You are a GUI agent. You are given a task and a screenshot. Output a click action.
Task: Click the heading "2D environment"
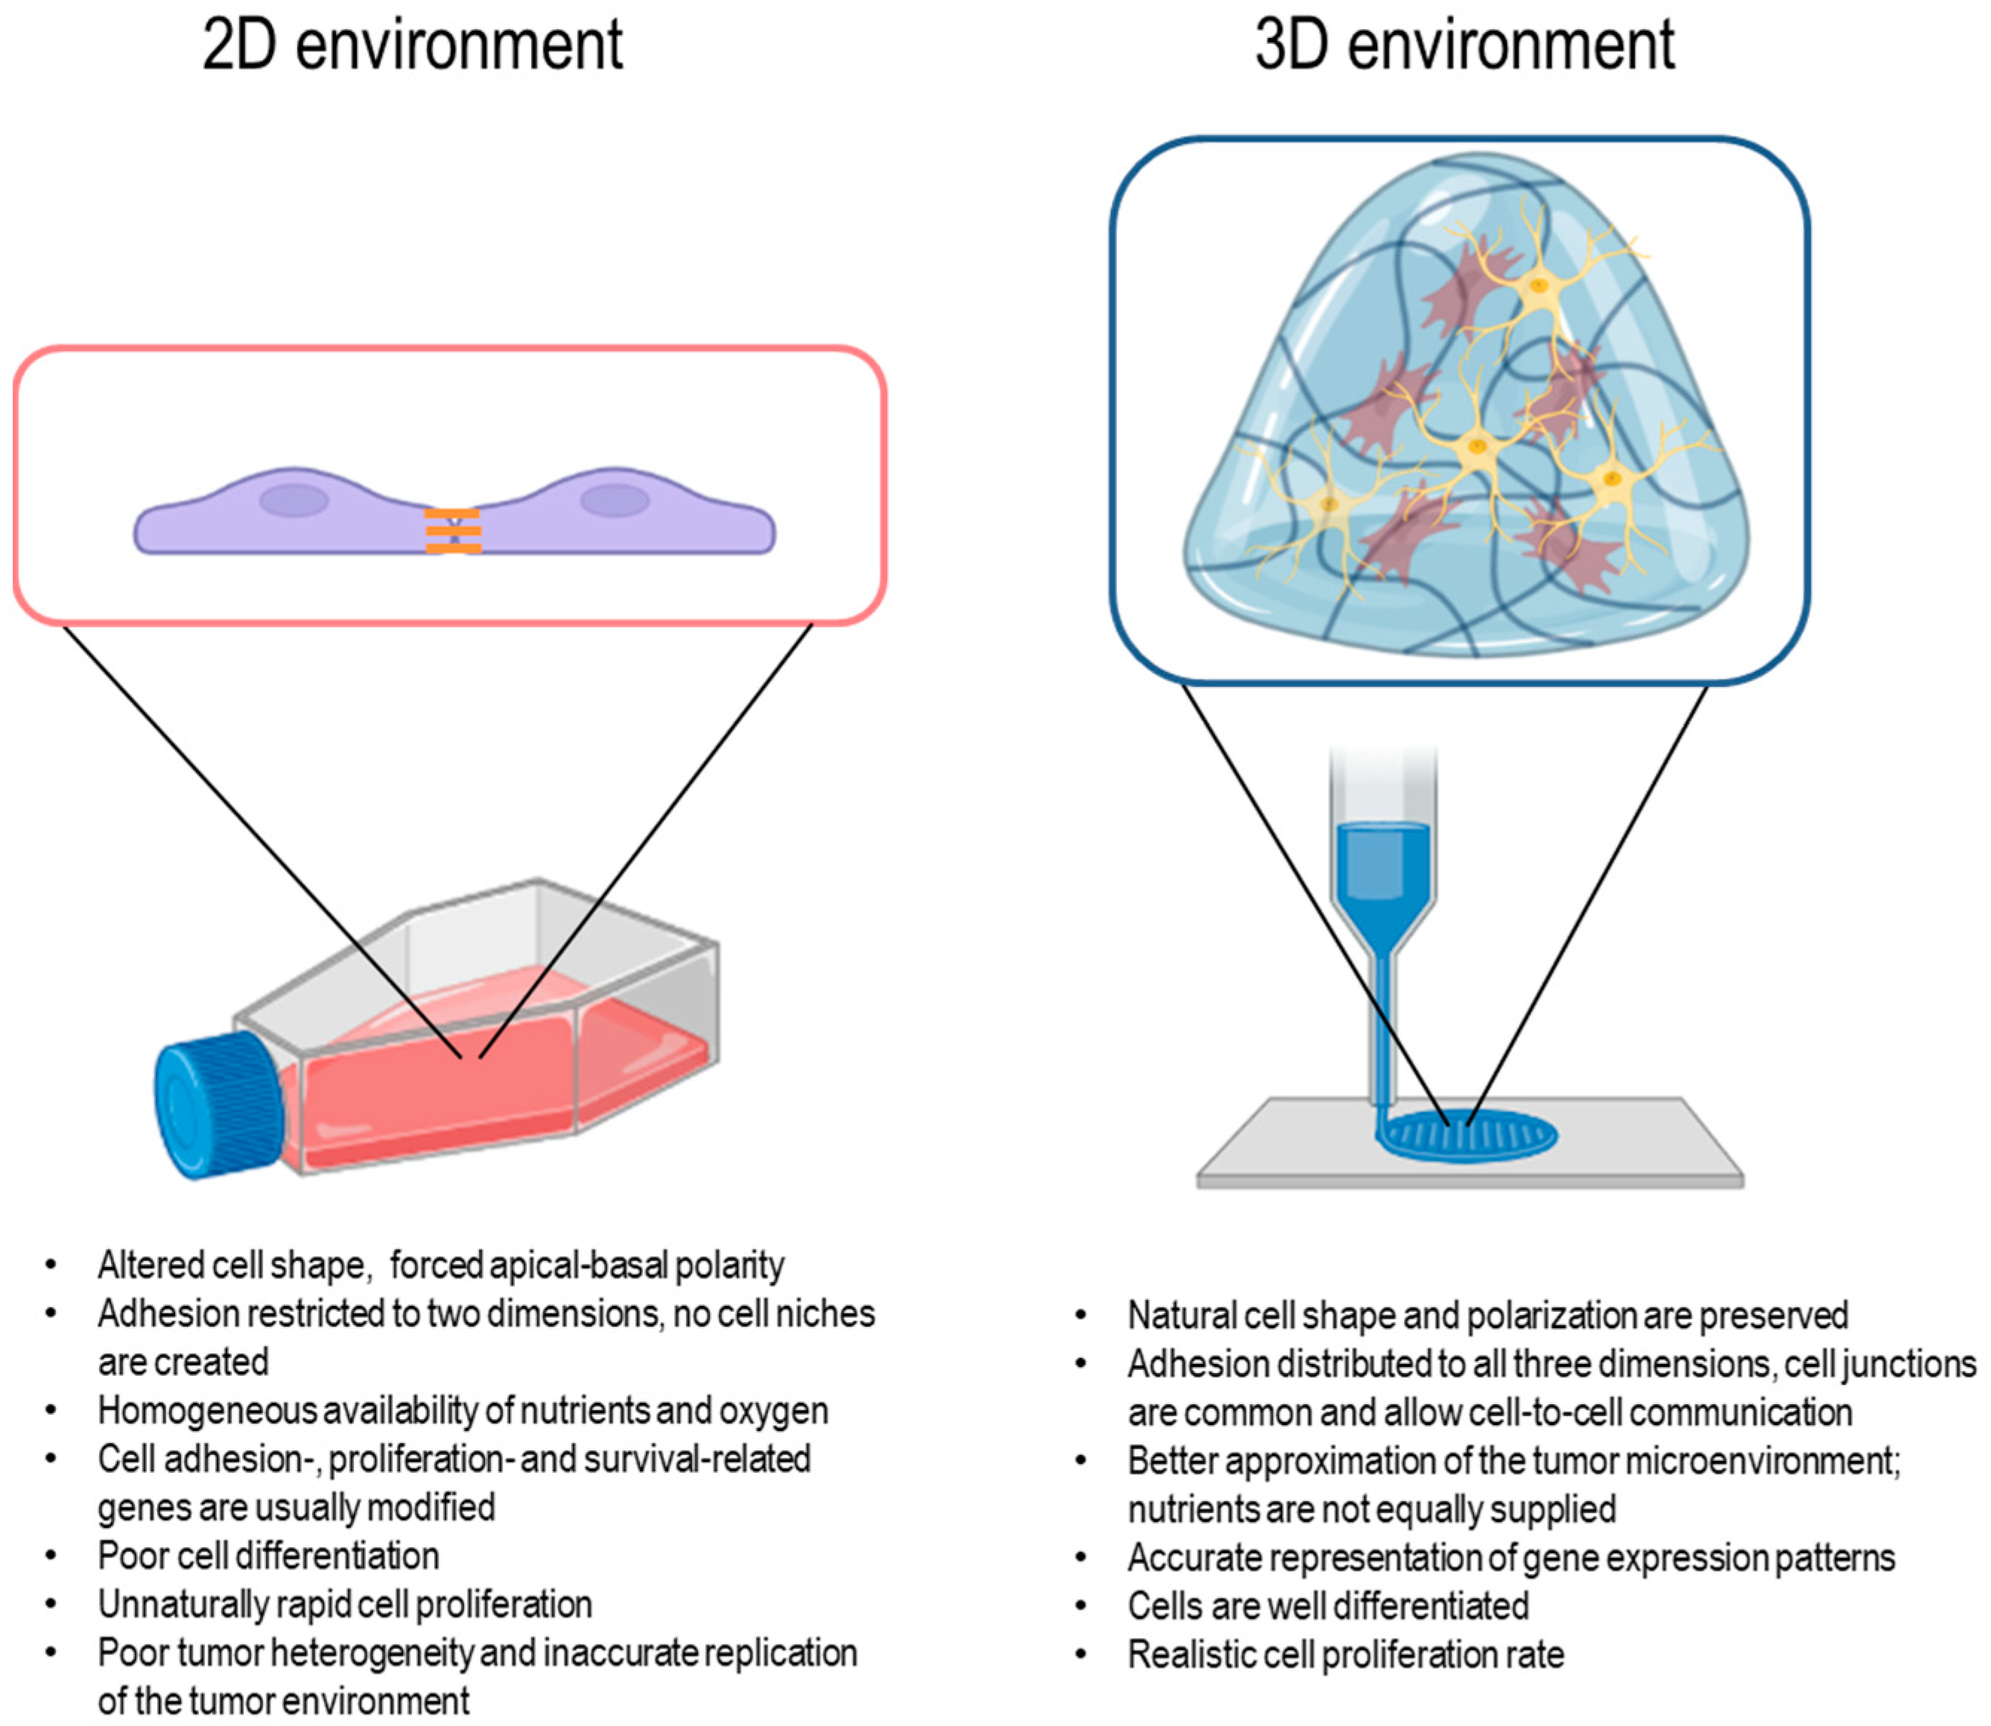click(x=412, y=46)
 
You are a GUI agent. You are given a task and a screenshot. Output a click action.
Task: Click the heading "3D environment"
click(x=1464, y=46)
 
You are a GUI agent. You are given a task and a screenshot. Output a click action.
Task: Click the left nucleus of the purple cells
click(x=295, y=501)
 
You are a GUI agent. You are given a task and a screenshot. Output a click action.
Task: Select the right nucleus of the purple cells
click(x=615, y=501)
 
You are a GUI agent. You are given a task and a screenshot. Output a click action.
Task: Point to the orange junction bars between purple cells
click(x=453, y=530)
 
